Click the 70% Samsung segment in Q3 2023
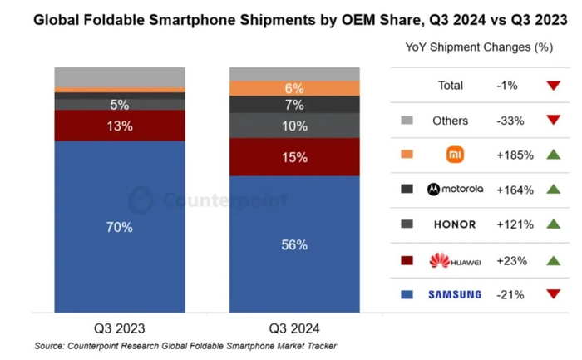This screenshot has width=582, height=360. click(x=120, y=227)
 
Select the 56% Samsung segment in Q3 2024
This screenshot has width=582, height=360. click(x=294, y=244)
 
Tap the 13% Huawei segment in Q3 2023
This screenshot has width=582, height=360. click(x=120, y=126)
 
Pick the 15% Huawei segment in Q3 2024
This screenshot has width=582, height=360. click(x=294, y=157)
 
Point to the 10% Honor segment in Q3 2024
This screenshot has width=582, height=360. click(x=294, y=126)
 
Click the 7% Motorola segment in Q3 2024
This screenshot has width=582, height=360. click(x=294, y=105)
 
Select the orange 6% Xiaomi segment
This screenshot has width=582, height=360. click(x=294, y=88)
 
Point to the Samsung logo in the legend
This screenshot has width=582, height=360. click(x=454, y=294)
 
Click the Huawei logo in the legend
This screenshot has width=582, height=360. click(x=454, y=260)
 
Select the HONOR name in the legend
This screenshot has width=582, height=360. click(x=454, y=224)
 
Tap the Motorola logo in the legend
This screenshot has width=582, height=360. click(x=454, y=190)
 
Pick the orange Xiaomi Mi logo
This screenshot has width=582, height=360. click(x=454, y=155)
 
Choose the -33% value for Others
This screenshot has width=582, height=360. click(x=509, y=120)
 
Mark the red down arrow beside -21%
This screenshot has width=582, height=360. click(x=552, y=294)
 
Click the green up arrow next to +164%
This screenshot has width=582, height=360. click(x=552, y=190)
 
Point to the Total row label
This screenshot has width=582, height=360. click(x=451, y=85)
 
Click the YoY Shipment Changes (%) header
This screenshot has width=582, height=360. click(x=479, y=47)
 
